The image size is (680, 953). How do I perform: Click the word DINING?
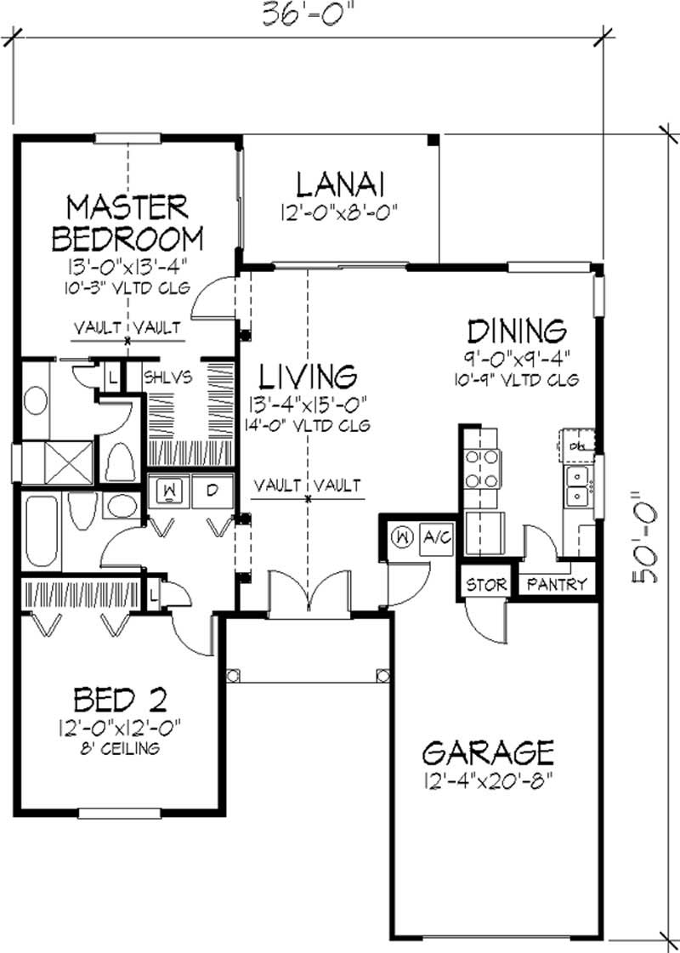point(517,329)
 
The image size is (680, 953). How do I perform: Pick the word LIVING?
point(307,375)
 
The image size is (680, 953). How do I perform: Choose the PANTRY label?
point(557,585)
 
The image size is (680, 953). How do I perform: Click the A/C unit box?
point(437,537)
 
